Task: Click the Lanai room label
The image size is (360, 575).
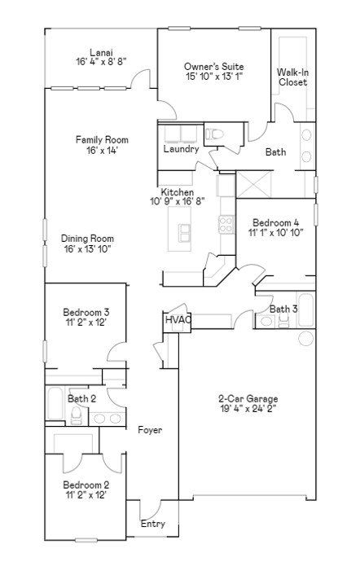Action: (101, 52)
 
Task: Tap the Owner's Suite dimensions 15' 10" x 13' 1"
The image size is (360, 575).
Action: (214, 77)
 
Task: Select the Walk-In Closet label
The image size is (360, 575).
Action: (292, 77)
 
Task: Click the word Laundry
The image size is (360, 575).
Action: (181, 149)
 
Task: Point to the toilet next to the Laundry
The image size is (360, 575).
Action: (214, 134)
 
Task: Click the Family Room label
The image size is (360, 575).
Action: (102, 140)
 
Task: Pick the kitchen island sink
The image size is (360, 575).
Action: (185, 233)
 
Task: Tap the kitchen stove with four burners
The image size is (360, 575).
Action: (226, 224)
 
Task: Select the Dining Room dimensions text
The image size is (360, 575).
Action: (88, 249)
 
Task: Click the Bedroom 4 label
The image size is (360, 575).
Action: (275, 222)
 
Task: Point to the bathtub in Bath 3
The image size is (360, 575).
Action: (305, 309)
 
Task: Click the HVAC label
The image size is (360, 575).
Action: (178, 319)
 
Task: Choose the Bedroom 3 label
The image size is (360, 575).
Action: (86, 313)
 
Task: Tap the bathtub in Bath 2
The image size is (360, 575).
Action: (55, 404)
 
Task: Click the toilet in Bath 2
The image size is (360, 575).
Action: (77, 415)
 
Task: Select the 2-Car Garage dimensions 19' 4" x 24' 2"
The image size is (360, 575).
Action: (248, 409)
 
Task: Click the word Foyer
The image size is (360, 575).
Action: (150, 430)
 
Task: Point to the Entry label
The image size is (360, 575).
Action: (153, 524)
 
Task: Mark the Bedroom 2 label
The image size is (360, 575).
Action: (86, 485)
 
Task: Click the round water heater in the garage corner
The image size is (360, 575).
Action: (305, 338)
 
